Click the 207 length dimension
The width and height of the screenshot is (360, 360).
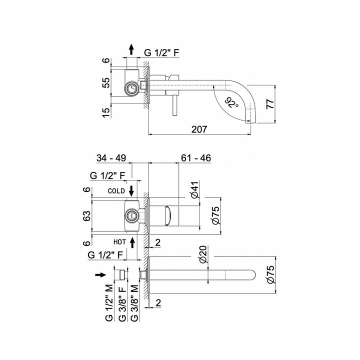(198, 129)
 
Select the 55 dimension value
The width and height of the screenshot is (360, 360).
(105, 83)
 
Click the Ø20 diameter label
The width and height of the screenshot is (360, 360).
(203, 255)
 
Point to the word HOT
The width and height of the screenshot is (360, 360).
(118, 241)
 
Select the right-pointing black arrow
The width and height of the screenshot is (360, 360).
(100, 274)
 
